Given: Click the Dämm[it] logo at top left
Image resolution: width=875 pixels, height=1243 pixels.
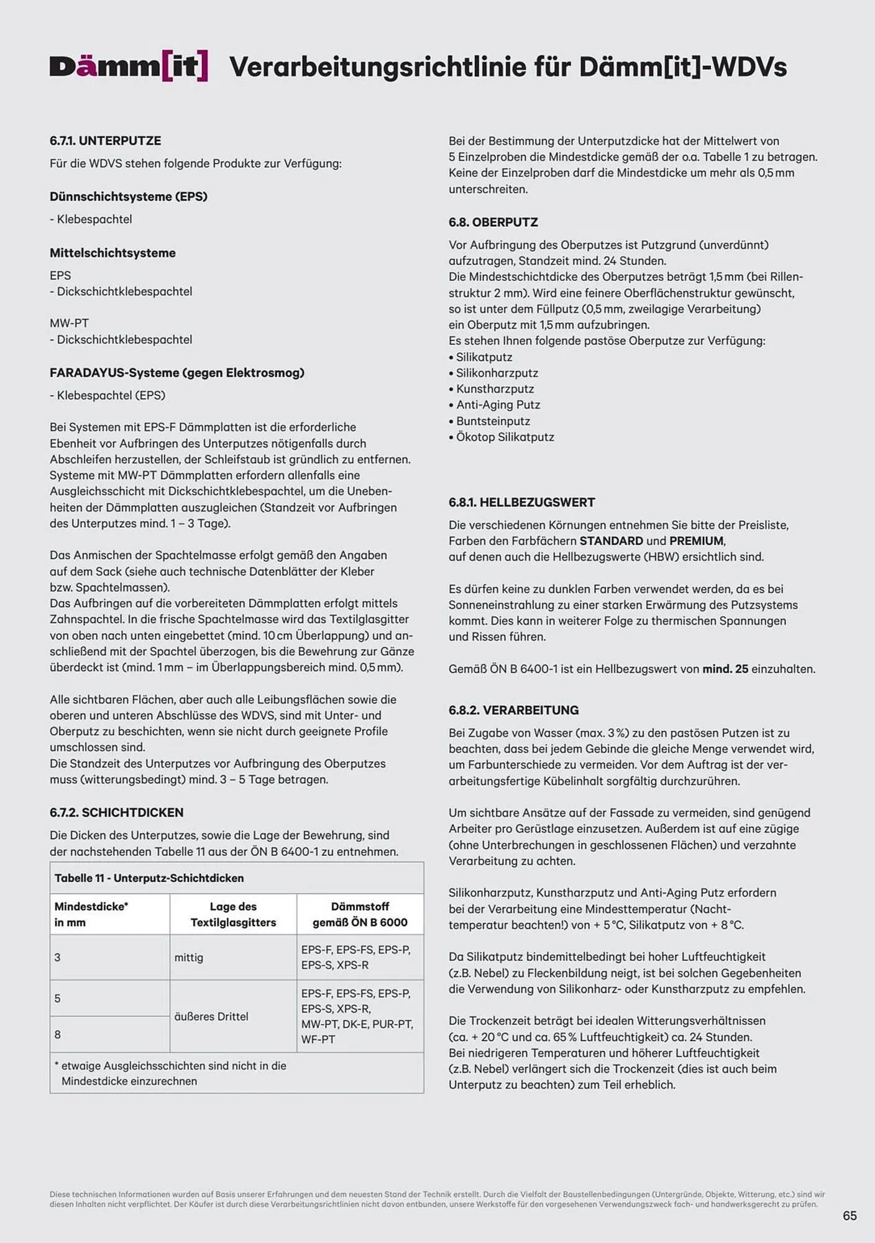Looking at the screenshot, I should [129, 67].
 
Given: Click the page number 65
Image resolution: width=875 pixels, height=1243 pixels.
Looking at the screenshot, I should [850, 1216].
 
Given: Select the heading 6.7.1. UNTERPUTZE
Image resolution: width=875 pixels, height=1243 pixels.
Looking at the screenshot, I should [105, 141].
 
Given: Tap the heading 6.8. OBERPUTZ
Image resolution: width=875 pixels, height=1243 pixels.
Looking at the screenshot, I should [493, 222].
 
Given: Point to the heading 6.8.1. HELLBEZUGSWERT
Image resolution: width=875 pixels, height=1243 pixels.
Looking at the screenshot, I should [521, 502].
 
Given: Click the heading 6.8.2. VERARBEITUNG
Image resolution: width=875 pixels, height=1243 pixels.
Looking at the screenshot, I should [513, 710].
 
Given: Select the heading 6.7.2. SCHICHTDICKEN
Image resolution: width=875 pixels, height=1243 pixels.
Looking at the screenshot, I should [116, 812].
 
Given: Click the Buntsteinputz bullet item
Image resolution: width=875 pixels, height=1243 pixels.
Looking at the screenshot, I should [492, 421].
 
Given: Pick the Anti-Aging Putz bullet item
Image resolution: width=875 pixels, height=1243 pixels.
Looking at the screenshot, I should [497, 405].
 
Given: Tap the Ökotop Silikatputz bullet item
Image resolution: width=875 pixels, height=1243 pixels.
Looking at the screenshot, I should [504, 437].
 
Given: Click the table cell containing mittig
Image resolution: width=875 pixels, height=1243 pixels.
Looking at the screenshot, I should [189, 958].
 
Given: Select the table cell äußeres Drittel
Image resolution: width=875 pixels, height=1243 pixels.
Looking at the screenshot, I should [211, 1017].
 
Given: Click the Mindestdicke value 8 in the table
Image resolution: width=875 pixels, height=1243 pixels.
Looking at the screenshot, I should [58, 1035].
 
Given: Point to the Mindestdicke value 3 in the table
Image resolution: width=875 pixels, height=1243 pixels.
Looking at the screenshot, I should [58, 958].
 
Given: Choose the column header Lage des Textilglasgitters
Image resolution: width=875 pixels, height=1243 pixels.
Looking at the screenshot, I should [233, 914].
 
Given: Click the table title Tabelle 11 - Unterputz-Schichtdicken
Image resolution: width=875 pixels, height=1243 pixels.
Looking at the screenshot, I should [149, 878].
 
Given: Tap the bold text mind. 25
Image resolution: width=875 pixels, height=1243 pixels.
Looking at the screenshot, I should [725, 669].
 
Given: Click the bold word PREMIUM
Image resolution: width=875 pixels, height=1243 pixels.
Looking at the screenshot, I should [696, 541].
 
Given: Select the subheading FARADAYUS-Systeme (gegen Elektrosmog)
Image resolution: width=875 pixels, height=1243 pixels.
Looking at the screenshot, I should [176, 373].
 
